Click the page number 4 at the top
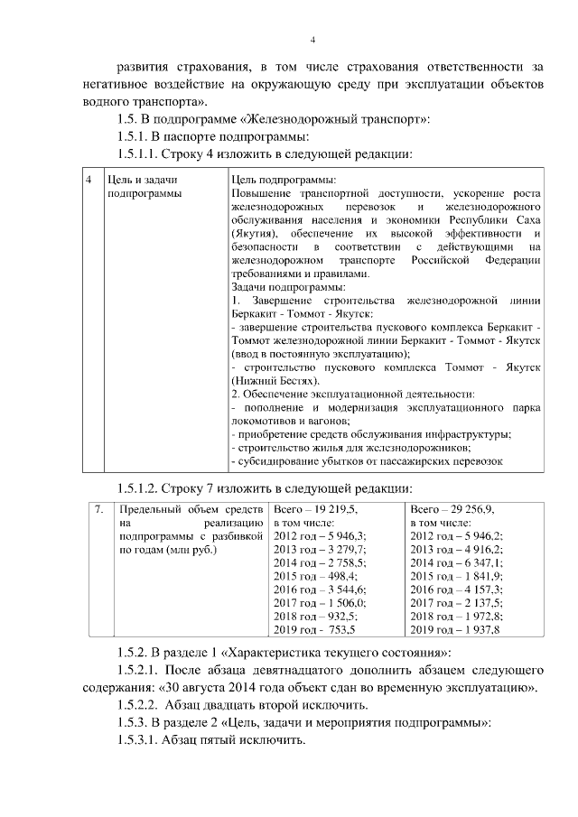312,39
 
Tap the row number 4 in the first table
89,180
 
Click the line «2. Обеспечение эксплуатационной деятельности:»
353,394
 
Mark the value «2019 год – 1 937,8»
455,629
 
